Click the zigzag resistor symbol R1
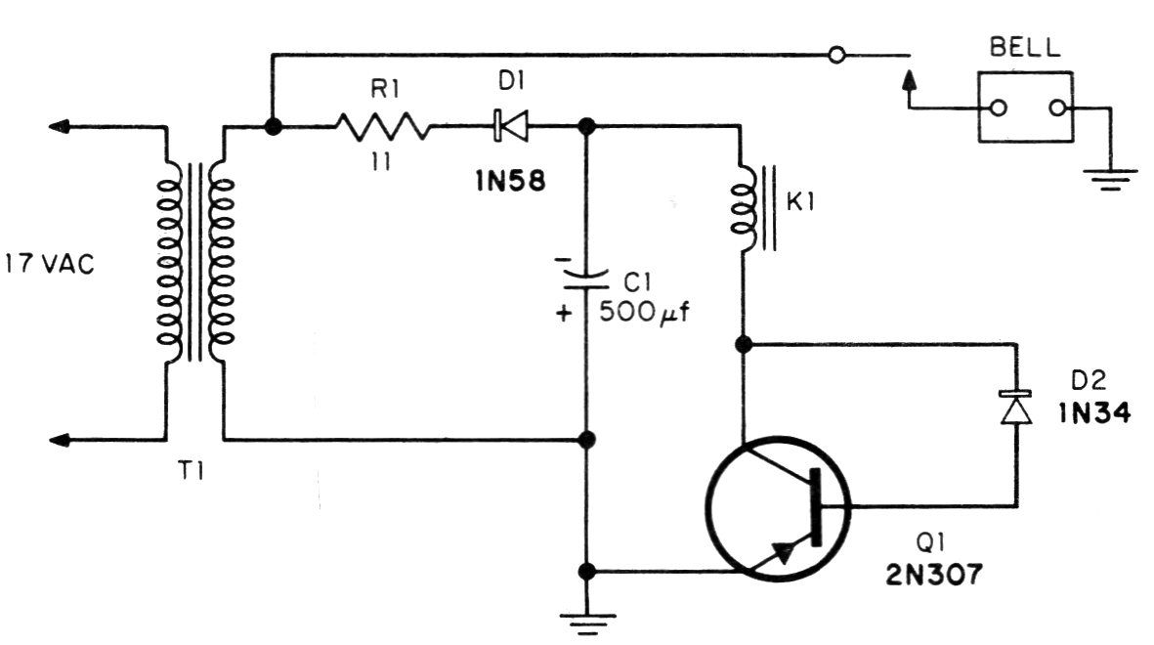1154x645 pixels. pos(383,127)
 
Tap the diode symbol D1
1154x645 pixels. pos(511,127)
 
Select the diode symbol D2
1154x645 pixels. pos(1016,408)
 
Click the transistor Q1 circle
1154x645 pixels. pos(779,508)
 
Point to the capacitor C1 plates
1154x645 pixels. pos(586,279)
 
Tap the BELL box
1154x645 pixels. pos(1025,107)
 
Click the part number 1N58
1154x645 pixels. pos(511,181)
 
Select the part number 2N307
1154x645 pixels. pos(934,574)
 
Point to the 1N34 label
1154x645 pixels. pos(1094,413)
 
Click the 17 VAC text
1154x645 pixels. pos(50,264)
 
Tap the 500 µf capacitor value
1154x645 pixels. pos(645,312)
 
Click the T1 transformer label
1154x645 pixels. pos(192,470)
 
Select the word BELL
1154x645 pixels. pos(1024,48)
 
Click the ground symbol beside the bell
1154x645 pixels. pos(1110,179)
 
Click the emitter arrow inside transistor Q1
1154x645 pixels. pos(785,551)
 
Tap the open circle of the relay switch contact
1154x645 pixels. pos(836,55)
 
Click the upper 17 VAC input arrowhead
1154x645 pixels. pos(59,127)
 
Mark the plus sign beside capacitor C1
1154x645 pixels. pos(564,314)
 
